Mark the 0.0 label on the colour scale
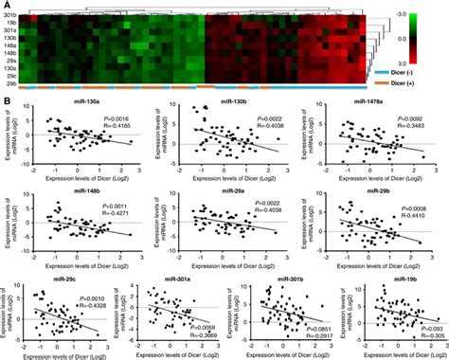[429, 39]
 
